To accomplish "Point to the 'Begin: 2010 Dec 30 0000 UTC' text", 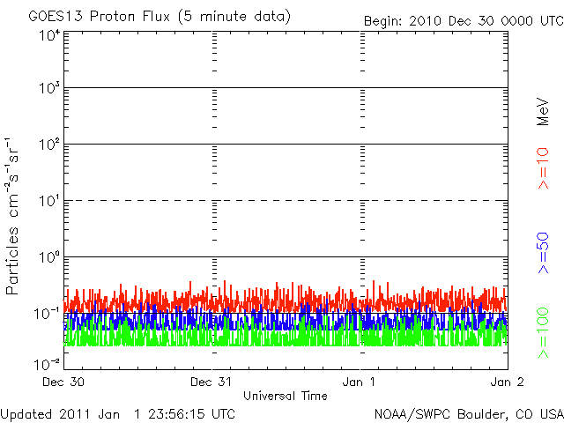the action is [464, 21].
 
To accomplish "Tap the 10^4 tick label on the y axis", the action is [49, 36].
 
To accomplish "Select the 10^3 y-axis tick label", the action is [49, 88].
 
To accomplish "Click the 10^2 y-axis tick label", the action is [49, 145].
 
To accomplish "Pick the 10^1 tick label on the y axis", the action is [49, 201].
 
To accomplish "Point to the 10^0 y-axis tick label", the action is [49, 257].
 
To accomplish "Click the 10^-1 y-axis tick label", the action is [47, 314].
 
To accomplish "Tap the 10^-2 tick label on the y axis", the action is [47, 364].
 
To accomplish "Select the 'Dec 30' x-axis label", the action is [63, 382].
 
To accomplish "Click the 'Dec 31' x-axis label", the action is [211, 382].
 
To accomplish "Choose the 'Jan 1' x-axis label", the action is [359, 382].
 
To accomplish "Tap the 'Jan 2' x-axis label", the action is [507, 382].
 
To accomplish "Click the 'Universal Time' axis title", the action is [286, 396].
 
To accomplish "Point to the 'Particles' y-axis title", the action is [11, 261].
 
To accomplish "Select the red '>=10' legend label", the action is [543, 168].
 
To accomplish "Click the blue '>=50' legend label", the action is [543, 253].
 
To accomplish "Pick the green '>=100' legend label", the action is [543, 333].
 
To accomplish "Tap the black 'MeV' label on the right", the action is [543, 112].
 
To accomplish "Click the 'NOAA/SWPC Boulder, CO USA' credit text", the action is [469, 414].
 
